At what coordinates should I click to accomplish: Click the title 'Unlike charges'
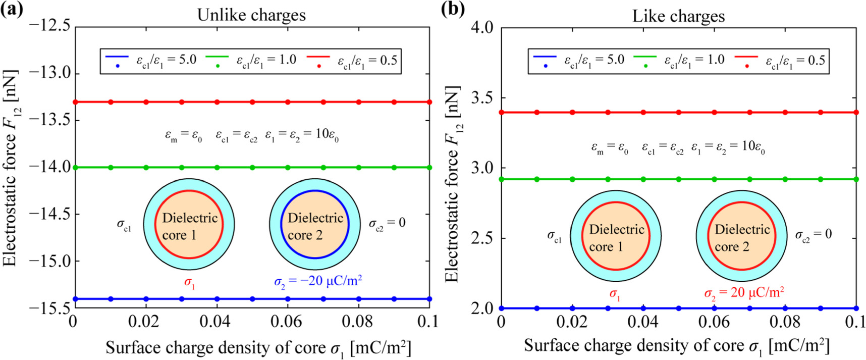tap(251, 15)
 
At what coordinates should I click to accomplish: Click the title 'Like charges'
tap(678, 16)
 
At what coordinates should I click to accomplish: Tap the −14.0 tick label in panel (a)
tap(50, 167)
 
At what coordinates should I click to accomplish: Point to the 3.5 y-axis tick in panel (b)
tap(481, 97)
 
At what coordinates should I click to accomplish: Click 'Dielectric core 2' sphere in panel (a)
tap(315, 225)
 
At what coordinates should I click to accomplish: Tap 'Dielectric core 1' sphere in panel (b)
tap(616, 237)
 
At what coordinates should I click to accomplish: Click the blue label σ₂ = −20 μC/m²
tap(318, 281)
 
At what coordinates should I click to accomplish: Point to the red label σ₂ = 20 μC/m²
tap(744, 293)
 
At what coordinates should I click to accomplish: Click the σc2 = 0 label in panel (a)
tap(387, 223)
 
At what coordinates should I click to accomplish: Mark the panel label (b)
tap(452, 10)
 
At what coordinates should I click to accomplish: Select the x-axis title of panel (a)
tap(258, 348)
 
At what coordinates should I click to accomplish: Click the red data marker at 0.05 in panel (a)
tap(252, 102)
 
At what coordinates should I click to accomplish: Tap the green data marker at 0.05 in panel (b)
tap(679, 179)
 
